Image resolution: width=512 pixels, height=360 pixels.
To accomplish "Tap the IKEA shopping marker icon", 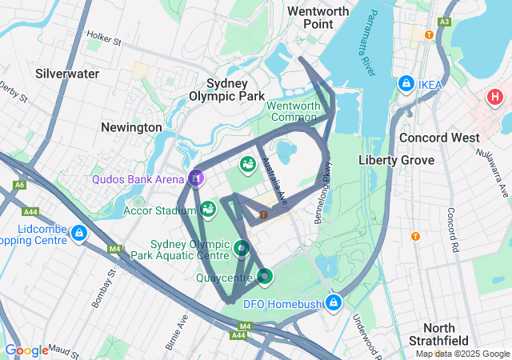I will (x=406, y=84).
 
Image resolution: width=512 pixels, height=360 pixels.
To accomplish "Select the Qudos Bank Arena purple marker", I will (x=196, y=178).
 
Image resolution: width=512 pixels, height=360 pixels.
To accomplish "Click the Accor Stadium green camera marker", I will (x=208, y=209).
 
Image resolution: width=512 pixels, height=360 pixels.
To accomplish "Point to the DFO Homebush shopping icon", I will (x=334, y=302).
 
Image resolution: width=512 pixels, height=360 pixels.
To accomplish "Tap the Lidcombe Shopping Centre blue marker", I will (x=78, y=233).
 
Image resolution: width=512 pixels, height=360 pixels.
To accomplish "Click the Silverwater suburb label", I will (x=67, y=74).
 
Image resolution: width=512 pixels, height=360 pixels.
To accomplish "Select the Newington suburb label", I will (x=131, y=127).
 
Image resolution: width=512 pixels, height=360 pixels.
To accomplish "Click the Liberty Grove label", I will (x=396, y=160).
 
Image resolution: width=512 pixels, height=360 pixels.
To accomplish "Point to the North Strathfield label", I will (x=450, y=334).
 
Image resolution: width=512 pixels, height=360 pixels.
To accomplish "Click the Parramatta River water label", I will (x=361, y=47).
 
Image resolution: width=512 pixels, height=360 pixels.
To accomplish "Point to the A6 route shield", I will (x=18, y=185).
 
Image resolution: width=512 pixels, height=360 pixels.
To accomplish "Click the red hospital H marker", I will (x=494, y=98).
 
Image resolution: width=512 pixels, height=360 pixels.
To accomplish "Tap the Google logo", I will (x=26, y=350).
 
